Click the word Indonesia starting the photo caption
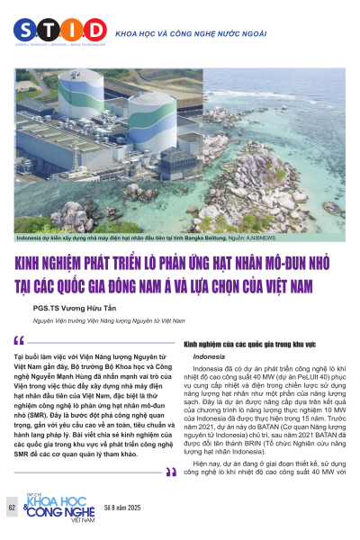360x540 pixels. coord(32,238)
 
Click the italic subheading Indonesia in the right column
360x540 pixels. coord(209,357)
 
